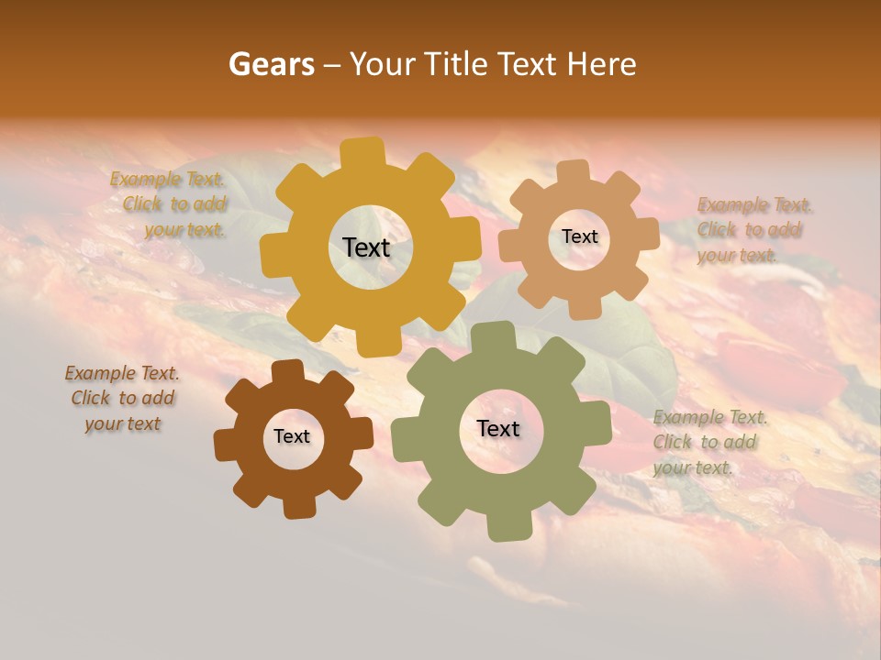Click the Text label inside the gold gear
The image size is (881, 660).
[366, 247]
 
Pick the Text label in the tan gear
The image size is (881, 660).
[579, 236]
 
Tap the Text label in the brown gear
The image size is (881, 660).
[292, 436]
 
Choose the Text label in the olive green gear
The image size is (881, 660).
[498, 429]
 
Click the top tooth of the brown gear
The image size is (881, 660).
[287, 371]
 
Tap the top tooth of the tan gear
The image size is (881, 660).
[574, 172]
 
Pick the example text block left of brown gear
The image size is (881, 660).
[122, 398]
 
